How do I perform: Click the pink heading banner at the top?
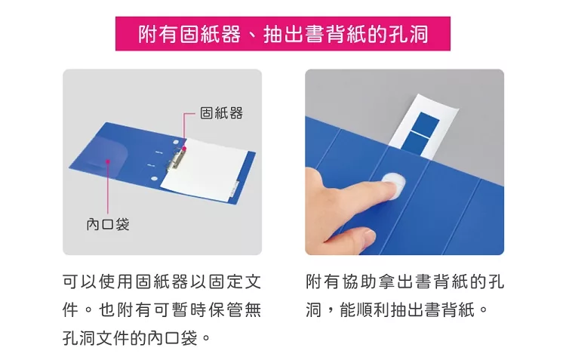point(283,33)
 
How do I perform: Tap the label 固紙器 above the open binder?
point(221,113)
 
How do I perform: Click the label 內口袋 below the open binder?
point(108,224)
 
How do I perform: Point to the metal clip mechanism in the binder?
point(177,159)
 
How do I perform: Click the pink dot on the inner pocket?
point(108,162)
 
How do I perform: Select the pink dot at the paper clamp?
point(184,148)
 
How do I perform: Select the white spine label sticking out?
point(423,126)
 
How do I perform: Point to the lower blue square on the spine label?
point(414,143)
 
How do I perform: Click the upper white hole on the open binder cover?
point(176,143)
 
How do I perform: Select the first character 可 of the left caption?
point(71,282)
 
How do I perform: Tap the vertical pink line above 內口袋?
point(108,188)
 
